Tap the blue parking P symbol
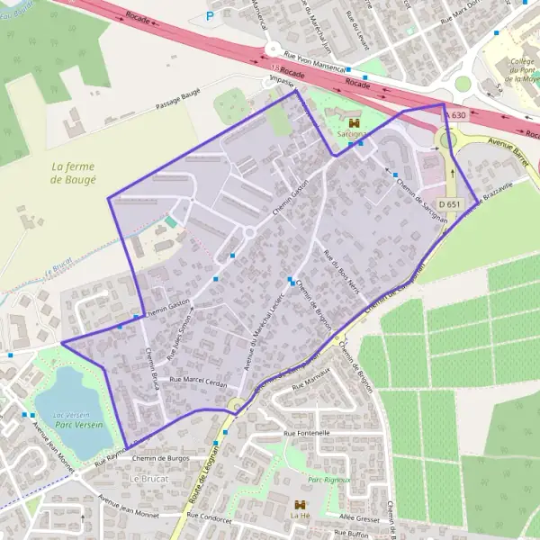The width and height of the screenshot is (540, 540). (211, 15)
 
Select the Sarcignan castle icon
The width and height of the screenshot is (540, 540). (354, 123)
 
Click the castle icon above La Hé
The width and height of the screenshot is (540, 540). (299, 505)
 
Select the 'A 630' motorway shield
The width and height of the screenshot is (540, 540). (456, 115)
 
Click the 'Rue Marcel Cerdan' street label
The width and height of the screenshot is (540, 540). (205, 380)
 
